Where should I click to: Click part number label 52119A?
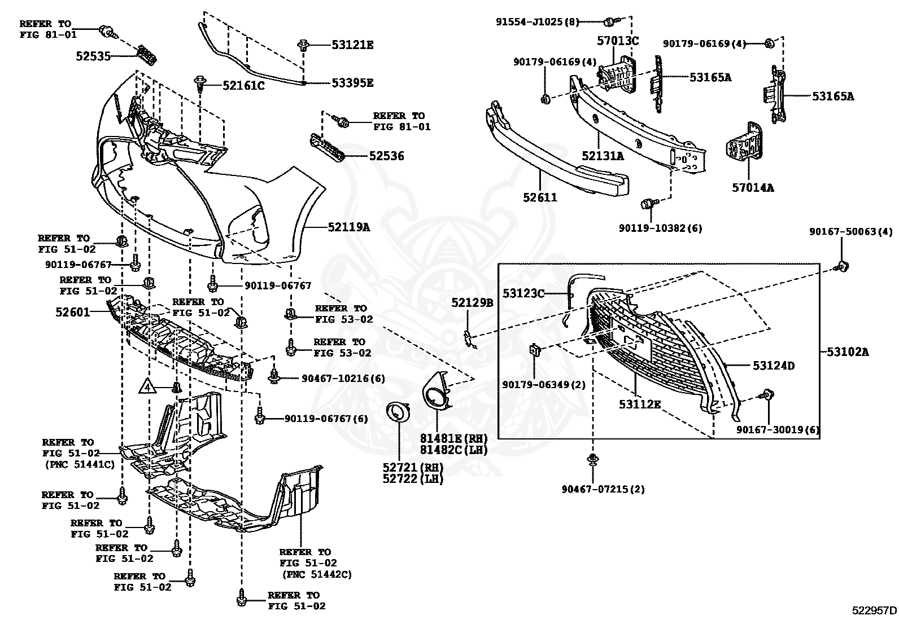[x=348, y=227]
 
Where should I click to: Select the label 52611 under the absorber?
[x=540, y=197]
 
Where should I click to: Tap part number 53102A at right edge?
[x=848, y=352]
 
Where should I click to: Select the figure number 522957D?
[x=874, y=610]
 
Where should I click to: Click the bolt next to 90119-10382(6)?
[x=649, y=203]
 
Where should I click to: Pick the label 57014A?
[x=753, y=188]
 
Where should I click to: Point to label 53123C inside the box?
[x=523, y=293]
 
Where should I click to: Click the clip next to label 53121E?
[x=304, y=45]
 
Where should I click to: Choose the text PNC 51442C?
[x=316, y=574]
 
